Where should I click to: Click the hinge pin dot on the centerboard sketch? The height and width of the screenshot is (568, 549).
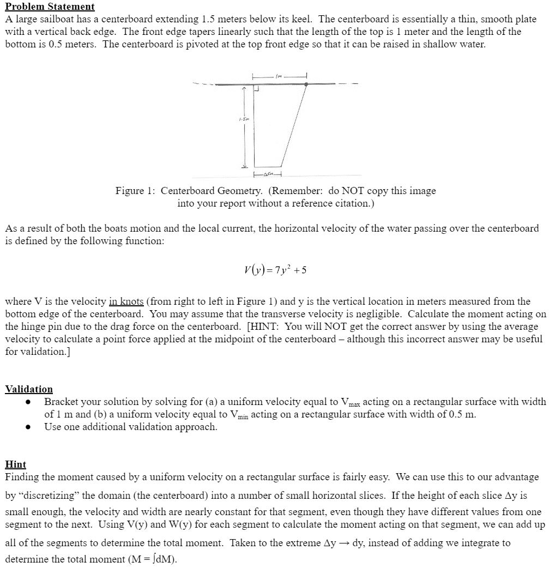tap(306, 84)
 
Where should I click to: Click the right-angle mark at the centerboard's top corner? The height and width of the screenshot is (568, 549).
tap(256, 88)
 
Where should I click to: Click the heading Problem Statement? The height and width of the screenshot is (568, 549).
tap(50, 7)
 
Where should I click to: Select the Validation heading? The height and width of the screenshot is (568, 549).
tap(29, 389)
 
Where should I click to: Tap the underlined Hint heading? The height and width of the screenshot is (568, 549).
tap(15, 464)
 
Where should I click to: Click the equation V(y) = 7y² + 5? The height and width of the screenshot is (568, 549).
tap(274, 270)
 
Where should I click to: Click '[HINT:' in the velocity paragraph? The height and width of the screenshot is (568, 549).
tap(263, 327)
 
